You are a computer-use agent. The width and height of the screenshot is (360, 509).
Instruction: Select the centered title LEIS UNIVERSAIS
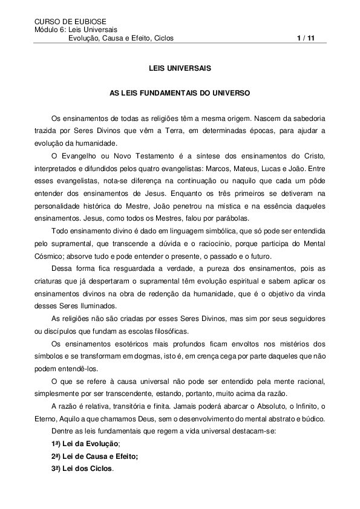pos(180,68)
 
